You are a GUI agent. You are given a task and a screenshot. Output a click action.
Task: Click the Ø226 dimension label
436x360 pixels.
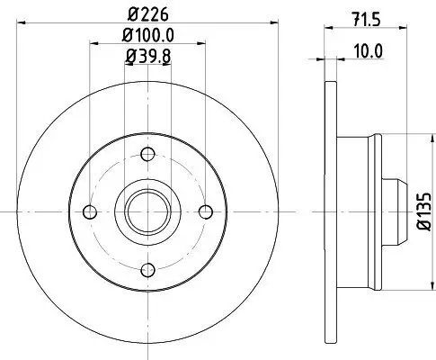(x=148, y=15)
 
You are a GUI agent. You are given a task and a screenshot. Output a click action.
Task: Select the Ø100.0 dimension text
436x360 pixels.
(x=148, y=37)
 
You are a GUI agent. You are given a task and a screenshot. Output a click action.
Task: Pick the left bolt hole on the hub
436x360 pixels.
(x=88, y=212)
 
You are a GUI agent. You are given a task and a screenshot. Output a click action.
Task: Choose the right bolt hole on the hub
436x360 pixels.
(x=206, y=212)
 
